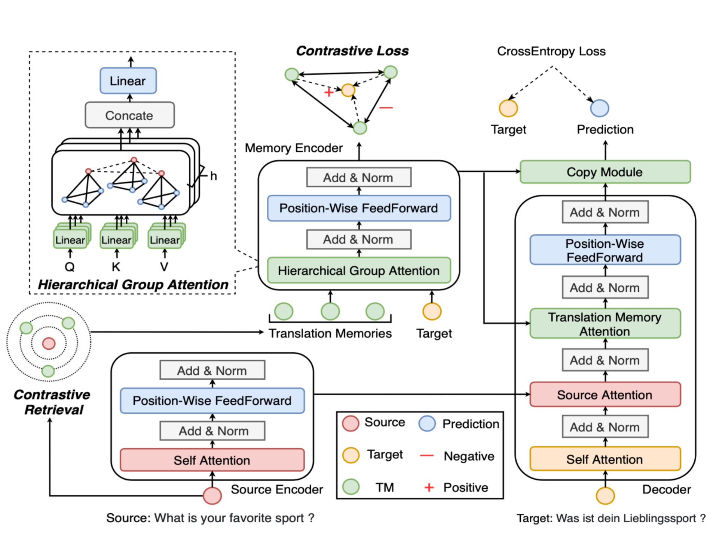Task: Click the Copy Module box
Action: pos(605,172)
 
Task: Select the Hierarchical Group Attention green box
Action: pos(359,270)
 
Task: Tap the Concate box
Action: pos(129,115)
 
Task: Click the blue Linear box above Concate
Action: pos(128,81)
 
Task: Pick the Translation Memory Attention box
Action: pos(605,324)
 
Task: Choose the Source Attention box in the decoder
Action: pos(605,395)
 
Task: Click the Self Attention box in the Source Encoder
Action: pos(212,460)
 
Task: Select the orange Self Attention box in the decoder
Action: pos(605,459)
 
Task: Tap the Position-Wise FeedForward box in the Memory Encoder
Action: pos(359,208)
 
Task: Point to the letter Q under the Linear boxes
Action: pos(70,267)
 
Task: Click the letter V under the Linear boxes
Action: pos(164,267)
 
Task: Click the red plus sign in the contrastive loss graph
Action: pos(328,92)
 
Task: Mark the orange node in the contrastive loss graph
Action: pos(348,90)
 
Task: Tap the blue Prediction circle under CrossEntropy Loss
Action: pos(599,108)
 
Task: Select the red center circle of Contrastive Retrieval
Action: pos(49,343)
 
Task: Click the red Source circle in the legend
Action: pos(351,423)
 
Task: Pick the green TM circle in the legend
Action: pos(351,487)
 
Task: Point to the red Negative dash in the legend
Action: pos(426,455)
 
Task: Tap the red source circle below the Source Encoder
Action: pos(212,495)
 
